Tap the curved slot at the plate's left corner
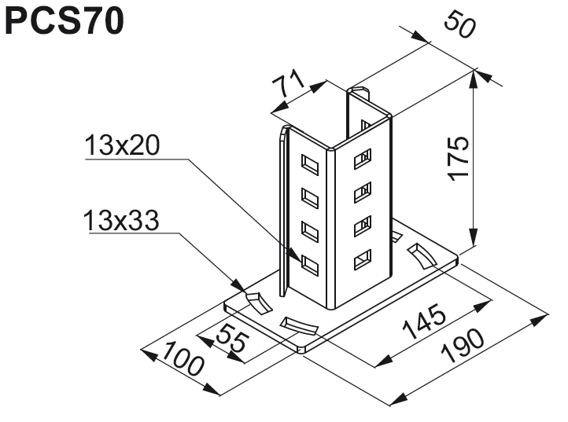[255, 300]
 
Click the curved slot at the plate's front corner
[298, 327]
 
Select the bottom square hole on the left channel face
[309, 266]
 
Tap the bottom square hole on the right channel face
[363, 256]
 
